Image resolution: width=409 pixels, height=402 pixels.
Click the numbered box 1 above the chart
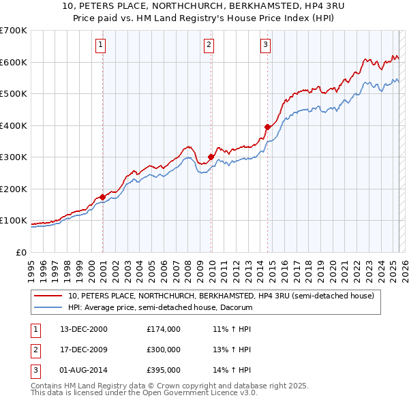click(100, 46)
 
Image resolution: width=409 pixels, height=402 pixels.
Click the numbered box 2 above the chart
click(208, 46)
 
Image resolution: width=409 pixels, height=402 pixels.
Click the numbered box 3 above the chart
click(264, 46)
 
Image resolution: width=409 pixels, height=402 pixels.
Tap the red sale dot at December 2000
click(102, 197)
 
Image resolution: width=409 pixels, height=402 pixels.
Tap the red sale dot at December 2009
click(211, 157)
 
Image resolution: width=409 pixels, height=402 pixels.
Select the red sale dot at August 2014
click(267, 127)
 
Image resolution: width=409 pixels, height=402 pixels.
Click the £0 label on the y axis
click(22, 252)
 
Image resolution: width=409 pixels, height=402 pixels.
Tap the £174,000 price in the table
click(164, 329)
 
